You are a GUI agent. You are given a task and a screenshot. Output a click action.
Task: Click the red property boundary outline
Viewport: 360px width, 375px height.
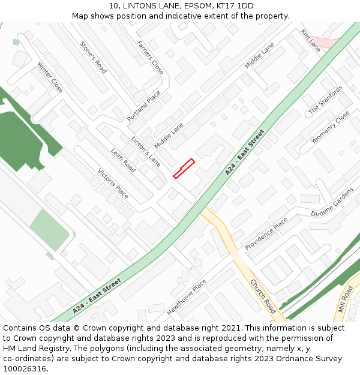184,168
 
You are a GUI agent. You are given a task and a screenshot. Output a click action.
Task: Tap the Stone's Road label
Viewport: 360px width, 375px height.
93,57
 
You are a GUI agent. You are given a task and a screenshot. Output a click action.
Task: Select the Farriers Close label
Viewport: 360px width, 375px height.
150,58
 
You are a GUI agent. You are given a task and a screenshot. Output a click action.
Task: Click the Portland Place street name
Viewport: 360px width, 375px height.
144,106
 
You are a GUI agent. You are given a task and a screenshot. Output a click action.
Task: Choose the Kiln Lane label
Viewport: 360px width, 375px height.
311,40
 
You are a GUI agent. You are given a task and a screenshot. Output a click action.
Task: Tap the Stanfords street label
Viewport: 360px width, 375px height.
326,100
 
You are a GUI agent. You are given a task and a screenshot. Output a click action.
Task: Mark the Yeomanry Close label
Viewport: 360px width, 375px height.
331,127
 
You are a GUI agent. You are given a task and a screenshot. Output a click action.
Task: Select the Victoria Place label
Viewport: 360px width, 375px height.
113,183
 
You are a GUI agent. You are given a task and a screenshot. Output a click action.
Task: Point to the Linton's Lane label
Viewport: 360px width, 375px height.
146,152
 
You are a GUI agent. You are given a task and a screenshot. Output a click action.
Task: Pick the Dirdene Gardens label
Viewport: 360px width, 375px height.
332,205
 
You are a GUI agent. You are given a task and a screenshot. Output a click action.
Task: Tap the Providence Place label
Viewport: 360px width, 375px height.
266,233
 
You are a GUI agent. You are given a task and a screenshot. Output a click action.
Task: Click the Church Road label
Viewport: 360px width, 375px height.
263,296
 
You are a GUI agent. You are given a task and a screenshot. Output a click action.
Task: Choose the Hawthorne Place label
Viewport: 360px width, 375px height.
187,297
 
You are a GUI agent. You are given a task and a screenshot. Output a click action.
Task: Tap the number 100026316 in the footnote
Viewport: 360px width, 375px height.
25,369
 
